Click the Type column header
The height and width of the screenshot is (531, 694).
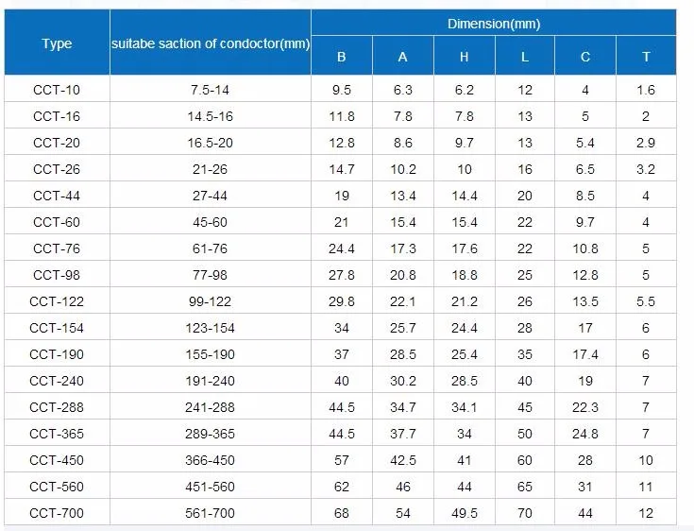57,43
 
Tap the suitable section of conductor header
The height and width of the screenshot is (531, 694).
210,43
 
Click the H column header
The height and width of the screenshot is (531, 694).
464,57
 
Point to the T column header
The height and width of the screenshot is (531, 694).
646,57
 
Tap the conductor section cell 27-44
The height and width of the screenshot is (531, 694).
210,196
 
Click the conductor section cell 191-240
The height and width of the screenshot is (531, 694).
210,381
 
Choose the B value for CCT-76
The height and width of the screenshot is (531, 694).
341,248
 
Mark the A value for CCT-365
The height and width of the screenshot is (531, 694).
403,434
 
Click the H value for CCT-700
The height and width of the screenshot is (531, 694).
464,513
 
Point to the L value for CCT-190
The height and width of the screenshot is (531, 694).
525,354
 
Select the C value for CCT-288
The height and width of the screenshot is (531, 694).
585,407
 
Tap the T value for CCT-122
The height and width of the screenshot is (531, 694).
646,301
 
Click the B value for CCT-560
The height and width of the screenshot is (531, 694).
341,487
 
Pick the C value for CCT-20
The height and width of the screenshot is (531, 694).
585,143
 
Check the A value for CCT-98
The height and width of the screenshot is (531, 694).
403,275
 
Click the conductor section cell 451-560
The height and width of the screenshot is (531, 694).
210,487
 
